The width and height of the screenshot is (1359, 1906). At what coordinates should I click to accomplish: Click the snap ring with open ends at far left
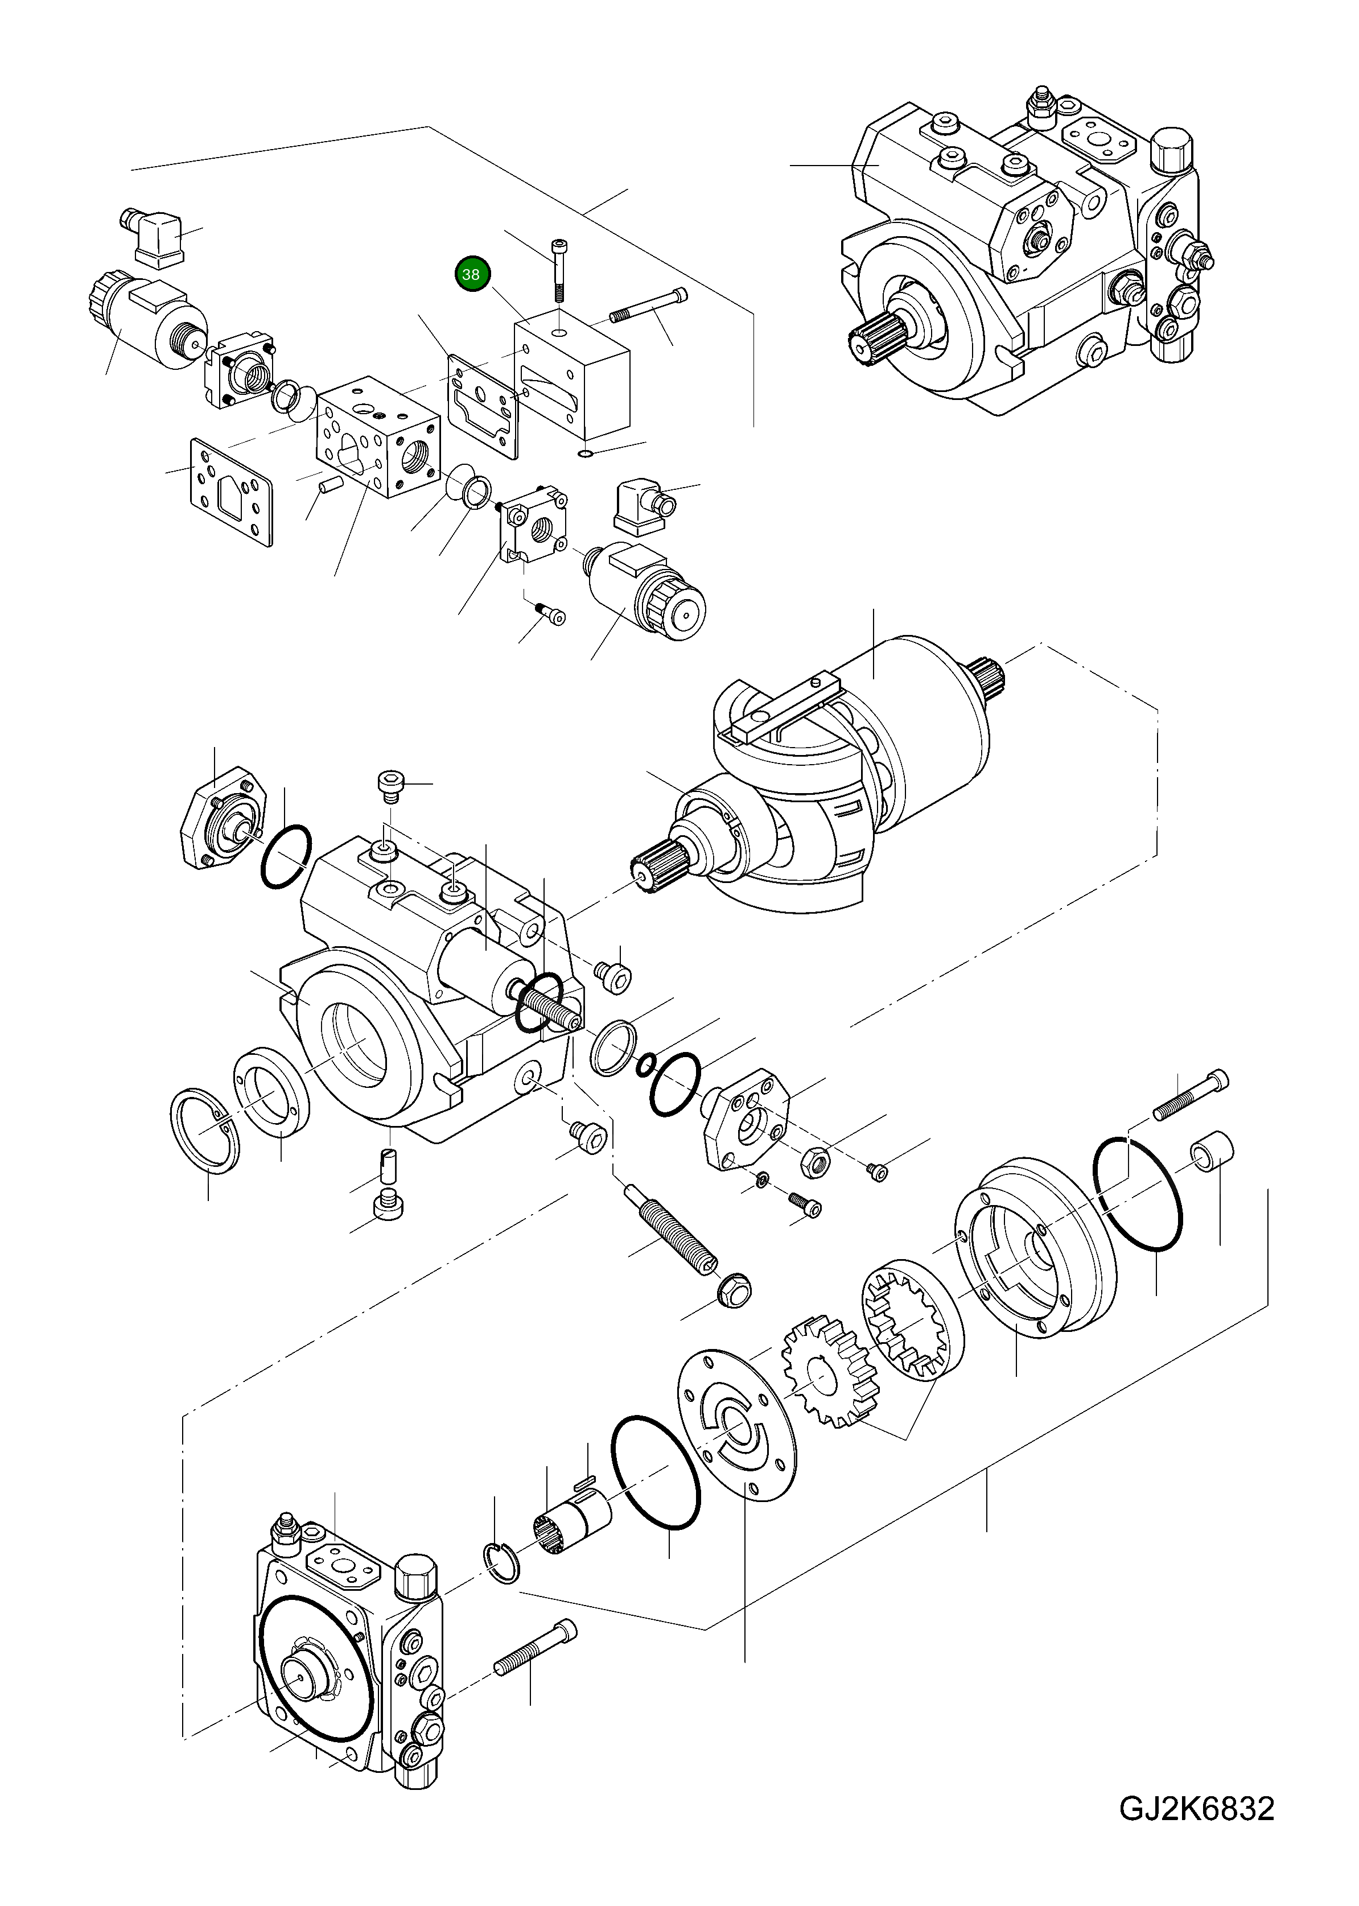point(205,1129)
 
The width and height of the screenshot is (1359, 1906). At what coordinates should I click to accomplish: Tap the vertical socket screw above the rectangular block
point(558,269)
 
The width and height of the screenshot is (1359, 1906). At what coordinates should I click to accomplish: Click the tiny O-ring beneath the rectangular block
point(586,453)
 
